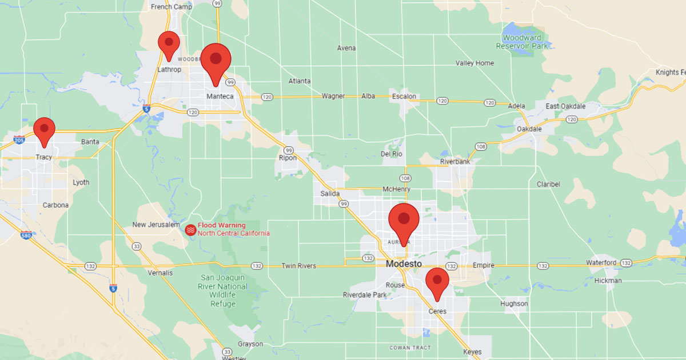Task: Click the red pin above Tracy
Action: click(44, 130)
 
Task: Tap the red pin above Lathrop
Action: click(169, 45)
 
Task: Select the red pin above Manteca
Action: click(216, 62)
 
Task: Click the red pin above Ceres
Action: click(437, 282)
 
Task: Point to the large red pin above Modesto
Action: click(404, 221)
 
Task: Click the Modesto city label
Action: click(404, 264)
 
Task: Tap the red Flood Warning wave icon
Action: click(190, 229)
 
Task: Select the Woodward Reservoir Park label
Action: click(522, 41)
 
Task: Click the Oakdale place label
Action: click(529, 129)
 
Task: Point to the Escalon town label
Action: click(404, 96)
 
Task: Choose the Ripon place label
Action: click(288, 158)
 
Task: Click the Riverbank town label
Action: click(454, 162)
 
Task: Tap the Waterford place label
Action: click(601, 263)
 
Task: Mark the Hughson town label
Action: click(514, 304)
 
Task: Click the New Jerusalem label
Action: click(156, 225)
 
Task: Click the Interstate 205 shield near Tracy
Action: click(19, 140)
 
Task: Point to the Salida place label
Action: click(330, 194)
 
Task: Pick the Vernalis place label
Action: click(161, 273)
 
